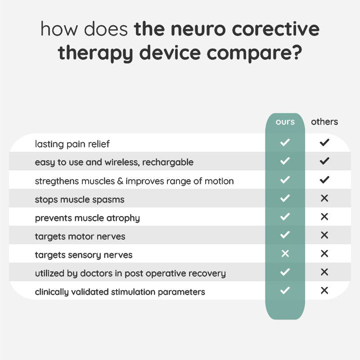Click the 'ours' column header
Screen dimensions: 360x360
click(x=285, y=121)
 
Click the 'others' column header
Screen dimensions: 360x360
click(x=324, y=121)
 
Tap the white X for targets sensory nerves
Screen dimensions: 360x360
click(x=285, y=253)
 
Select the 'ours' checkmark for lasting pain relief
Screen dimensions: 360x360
click(x=285, y=143)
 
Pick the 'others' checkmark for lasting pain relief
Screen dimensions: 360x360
click(x=324, y=143)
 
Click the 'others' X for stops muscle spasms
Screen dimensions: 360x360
click(x=324, y=198)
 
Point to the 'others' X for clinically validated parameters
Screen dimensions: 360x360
click(x=324, y=290)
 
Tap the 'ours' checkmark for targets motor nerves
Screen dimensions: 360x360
click(x=285, y=235)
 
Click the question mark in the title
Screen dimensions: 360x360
click(x=297, y=52)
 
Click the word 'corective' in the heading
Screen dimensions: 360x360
click(x=276, y=29)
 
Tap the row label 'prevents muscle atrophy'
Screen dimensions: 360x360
click(x=87, y=218)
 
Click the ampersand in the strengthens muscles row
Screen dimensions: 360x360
click(x=120, y=181)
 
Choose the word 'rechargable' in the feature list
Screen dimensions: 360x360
click(x=168, y=162)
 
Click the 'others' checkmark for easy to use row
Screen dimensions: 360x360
click(x=324, y=161)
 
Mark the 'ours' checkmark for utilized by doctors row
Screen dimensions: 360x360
click(x=285, y=272)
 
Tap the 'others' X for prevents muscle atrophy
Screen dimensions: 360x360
click(x=324, y=216)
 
